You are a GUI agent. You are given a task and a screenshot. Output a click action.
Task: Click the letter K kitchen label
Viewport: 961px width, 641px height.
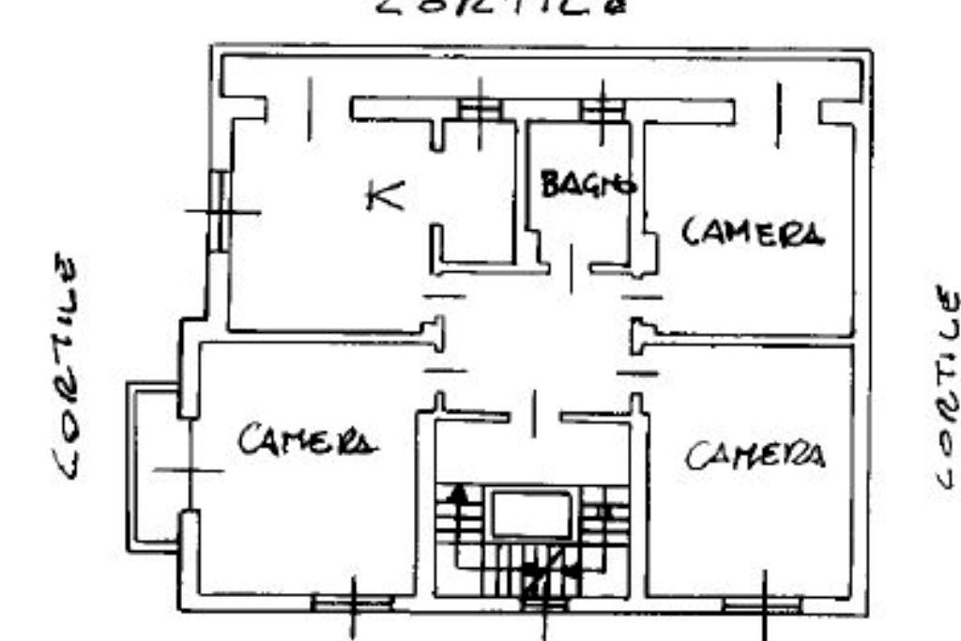pos(385,196)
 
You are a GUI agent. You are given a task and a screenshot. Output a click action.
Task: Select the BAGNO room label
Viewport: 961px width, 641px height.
pos(588,184)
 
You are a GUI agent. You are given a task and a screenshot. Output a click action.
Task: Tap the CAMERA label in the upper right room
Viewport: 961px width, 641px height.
pos(753,232)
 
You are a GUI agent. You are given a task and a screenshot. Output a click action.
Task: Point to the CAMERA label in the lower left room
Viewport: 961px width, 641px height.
pos(308,439)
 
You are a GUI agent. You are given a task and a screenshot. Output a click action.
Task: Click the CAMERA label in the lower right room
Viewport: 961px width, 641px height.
pos(755,456)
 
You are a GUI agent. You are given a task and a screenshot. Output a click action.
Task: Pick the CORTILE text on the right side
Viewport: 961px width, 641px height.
pos(948,386)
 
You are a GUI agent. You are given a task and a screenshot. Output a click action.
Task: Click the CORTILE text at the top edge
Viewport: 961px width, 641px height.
pos(500,8)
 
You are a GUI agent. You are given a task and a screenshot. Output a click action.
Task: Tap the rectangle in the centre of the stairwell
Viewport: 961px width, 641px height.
pos(532,514)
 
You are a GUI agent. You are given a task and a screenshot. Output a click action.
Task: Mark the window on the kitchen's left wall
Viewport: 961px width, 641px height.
pos(220,210)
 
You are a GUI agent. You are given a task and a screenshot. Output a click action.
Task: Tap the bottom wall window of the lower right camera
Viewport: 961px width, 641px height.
pos(763,604)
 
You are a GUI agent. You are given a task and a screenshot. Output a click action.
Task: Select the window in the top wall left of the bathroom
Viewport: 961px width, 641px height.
pos(480,110)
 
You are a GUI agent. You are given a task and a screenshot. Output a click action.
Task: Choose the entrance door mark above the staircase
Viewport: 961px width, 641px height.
pos(534,414)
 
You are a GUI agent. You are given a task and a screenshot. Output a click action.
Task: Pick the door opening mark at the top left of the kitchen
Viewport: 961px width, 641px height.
pos(310,110)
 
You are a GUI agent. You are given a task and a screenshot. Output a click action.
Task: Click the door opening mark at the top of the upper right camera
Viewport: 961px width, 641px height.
pos(777,114)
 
